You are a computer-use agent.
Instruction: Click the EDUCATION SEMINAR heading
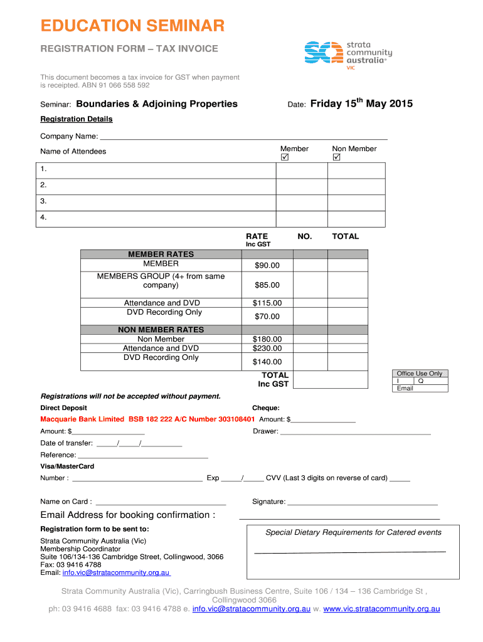(x=132, y=26)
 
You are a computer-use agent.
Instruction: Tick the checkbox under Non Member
(x=336, y=159)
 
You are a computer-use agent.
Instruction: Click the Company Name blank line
(x=243, y=137)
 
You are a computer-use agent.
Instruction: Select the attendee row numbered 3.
(x=157, y=202)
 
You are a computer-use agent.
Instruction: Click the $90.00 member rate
(x=267, y=266)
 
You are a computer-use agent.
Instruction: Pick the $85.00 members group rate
(x=267, y=286)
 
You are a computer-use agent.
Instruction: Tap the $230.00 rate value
(x=267, y=348)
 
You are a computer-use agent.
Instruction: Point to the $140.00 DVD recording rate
(x=267, y=362)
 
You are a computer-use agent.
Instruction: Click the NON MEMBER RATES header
(x=161, y=330)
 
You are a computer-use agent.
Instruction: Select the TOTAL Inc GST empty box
(x=331, y=379)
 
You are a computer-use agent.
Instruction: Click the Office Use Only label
(x=419, y=374)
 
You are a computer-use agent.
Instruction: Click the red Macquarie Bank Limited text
(x=147, y=419)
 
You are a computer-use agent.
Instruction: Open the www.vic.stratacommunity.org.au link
(x=381, y=609)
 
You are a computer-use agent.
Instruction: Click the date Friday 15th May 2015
(x=361, y=104)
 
